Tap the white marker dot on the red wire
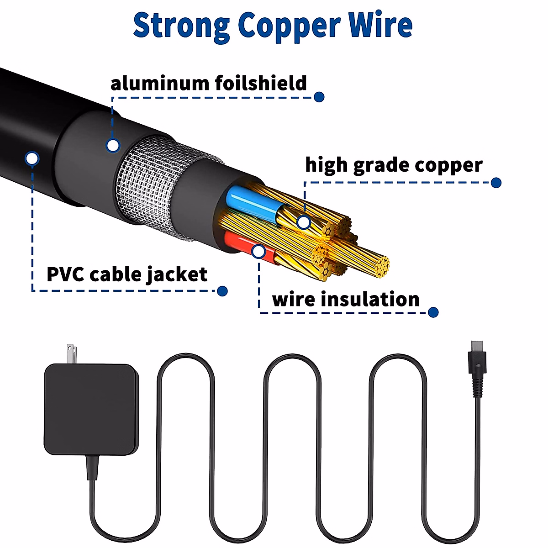[x=258, y=251]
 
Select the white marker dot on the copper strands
[x=304, y=222]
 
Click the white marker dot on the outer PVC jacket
[x=32, y=159]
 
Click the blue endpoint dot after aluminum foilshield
[x=319, y=97]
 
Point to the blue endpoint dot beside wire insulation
[x=433, y=312]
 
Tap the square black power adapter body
[x=91, y=409]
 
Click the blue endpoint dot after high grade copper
[x=496, y=183]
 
